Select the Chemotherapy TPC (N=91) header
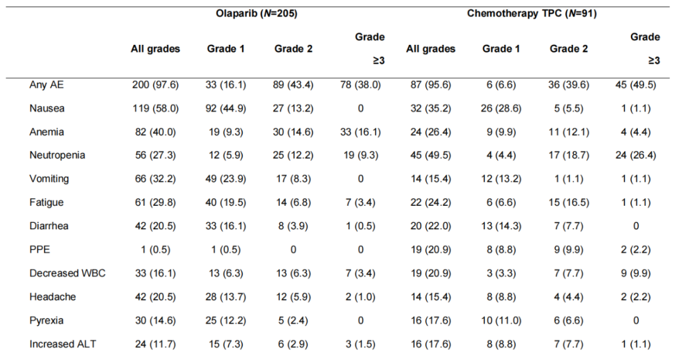click(532, 14)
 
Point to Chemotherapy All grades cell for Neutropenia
click(431, 155)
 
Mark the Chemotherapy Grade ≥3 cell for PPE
click(635, 249)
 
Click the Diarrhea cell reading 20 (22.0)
click(431, 225)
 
